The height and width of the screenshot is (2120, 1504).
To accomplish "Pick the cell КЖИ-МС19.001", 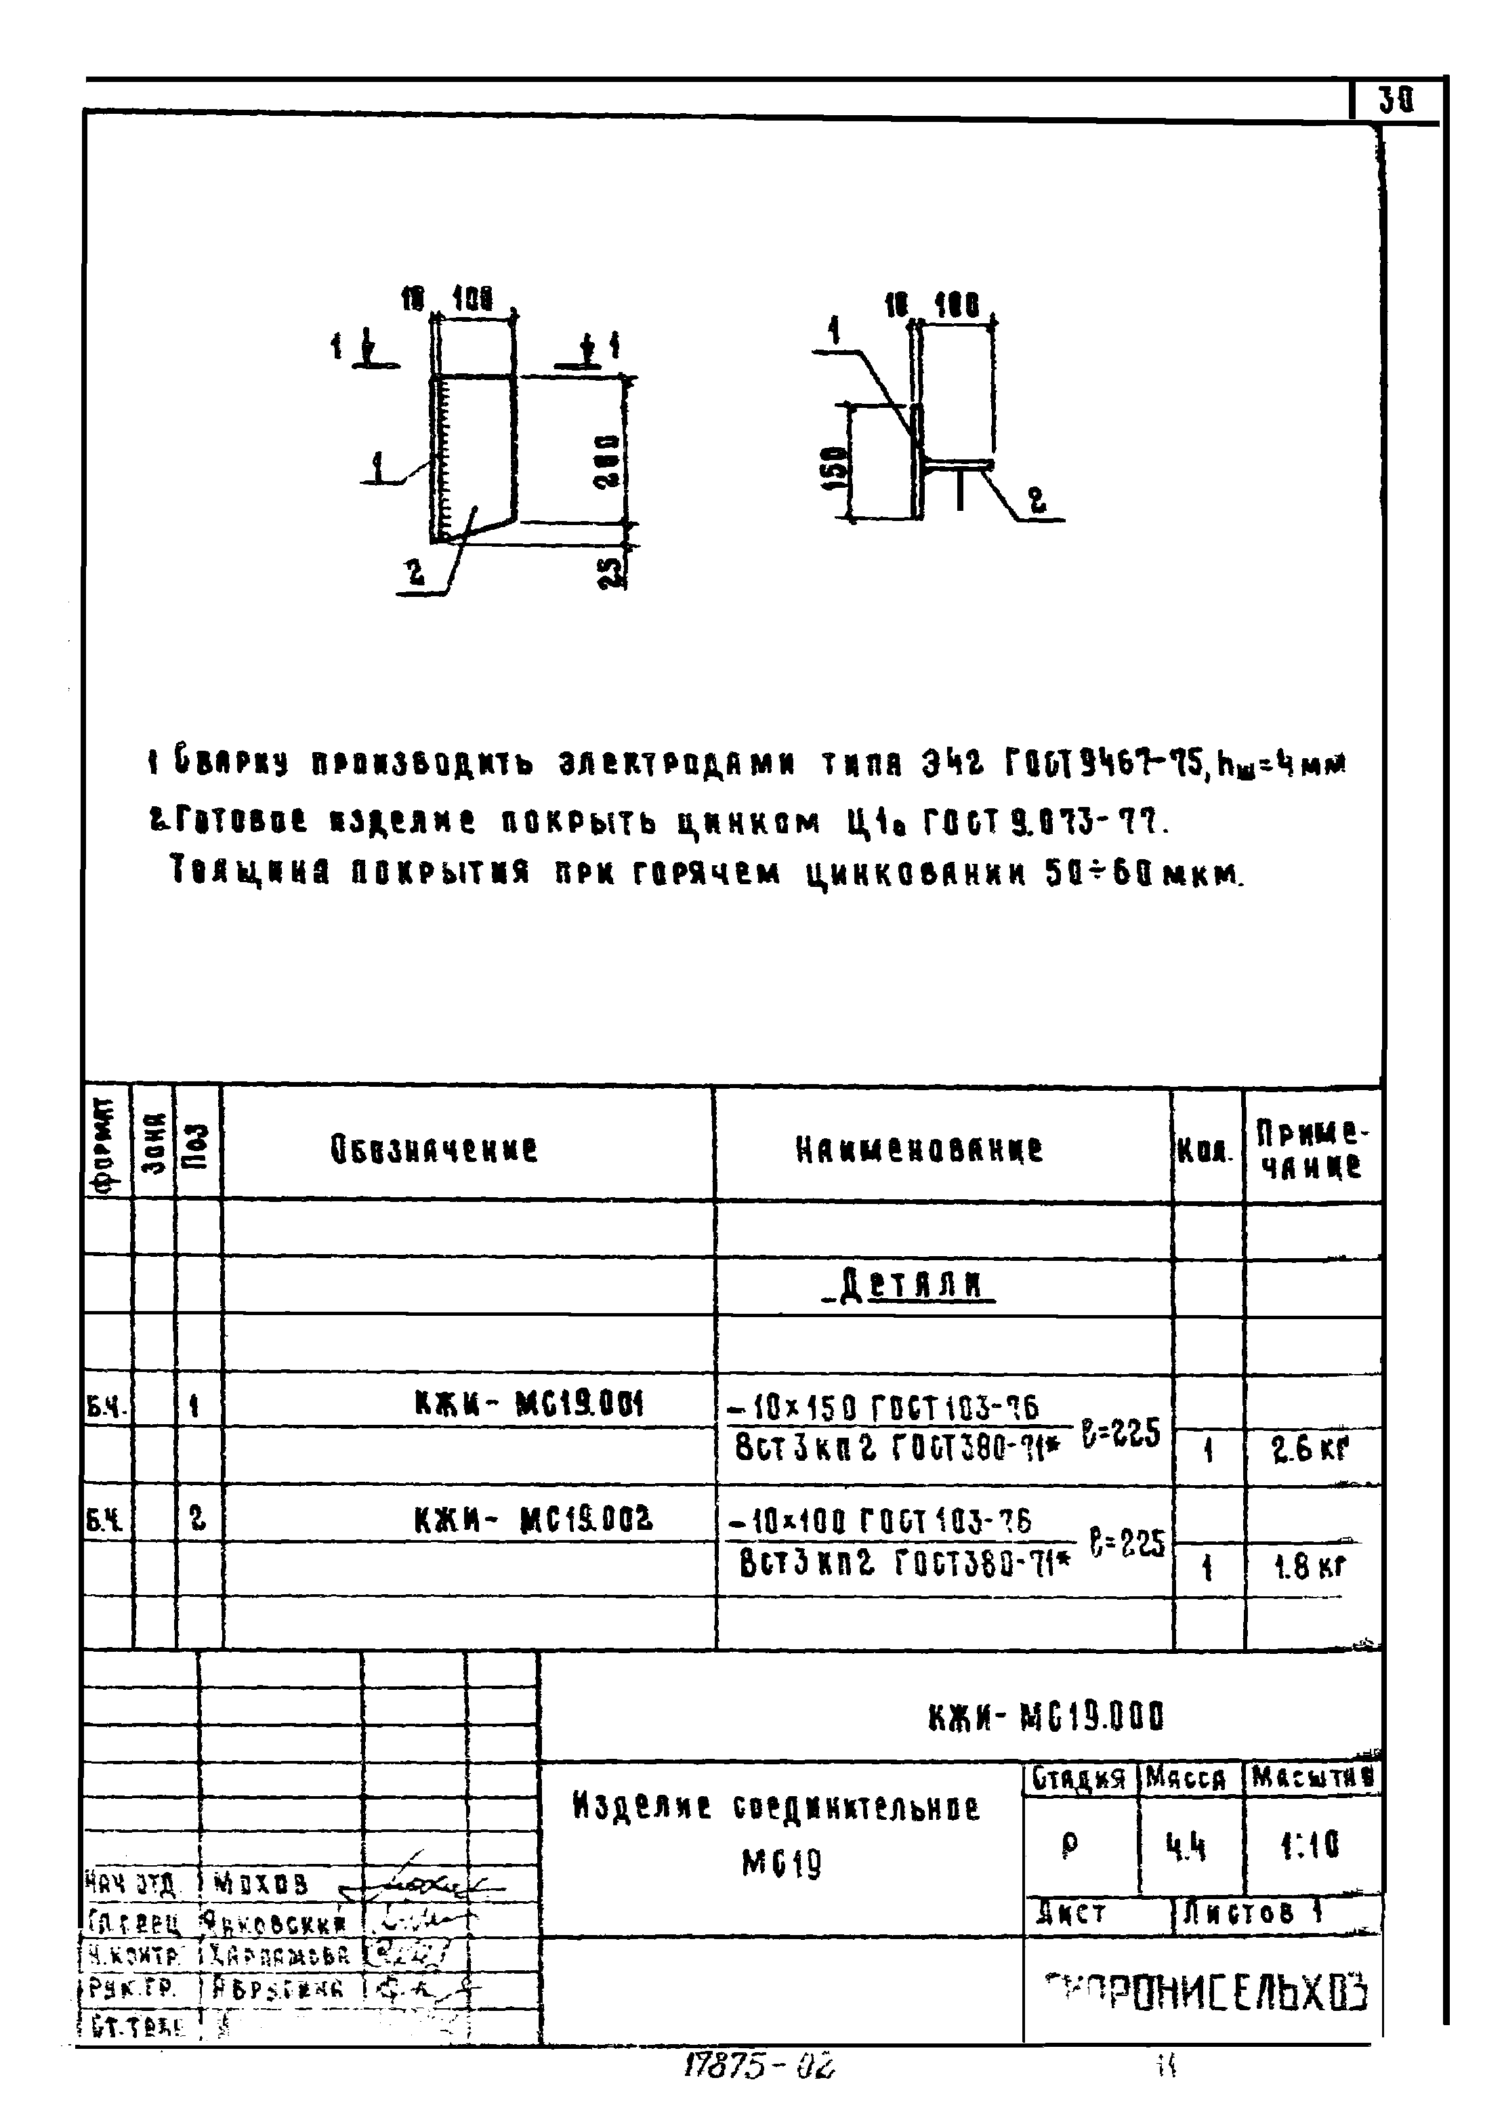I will point(529,1405).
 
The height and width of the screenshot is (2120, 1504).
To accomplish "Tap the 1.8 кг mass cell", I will point(1310,1566).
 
